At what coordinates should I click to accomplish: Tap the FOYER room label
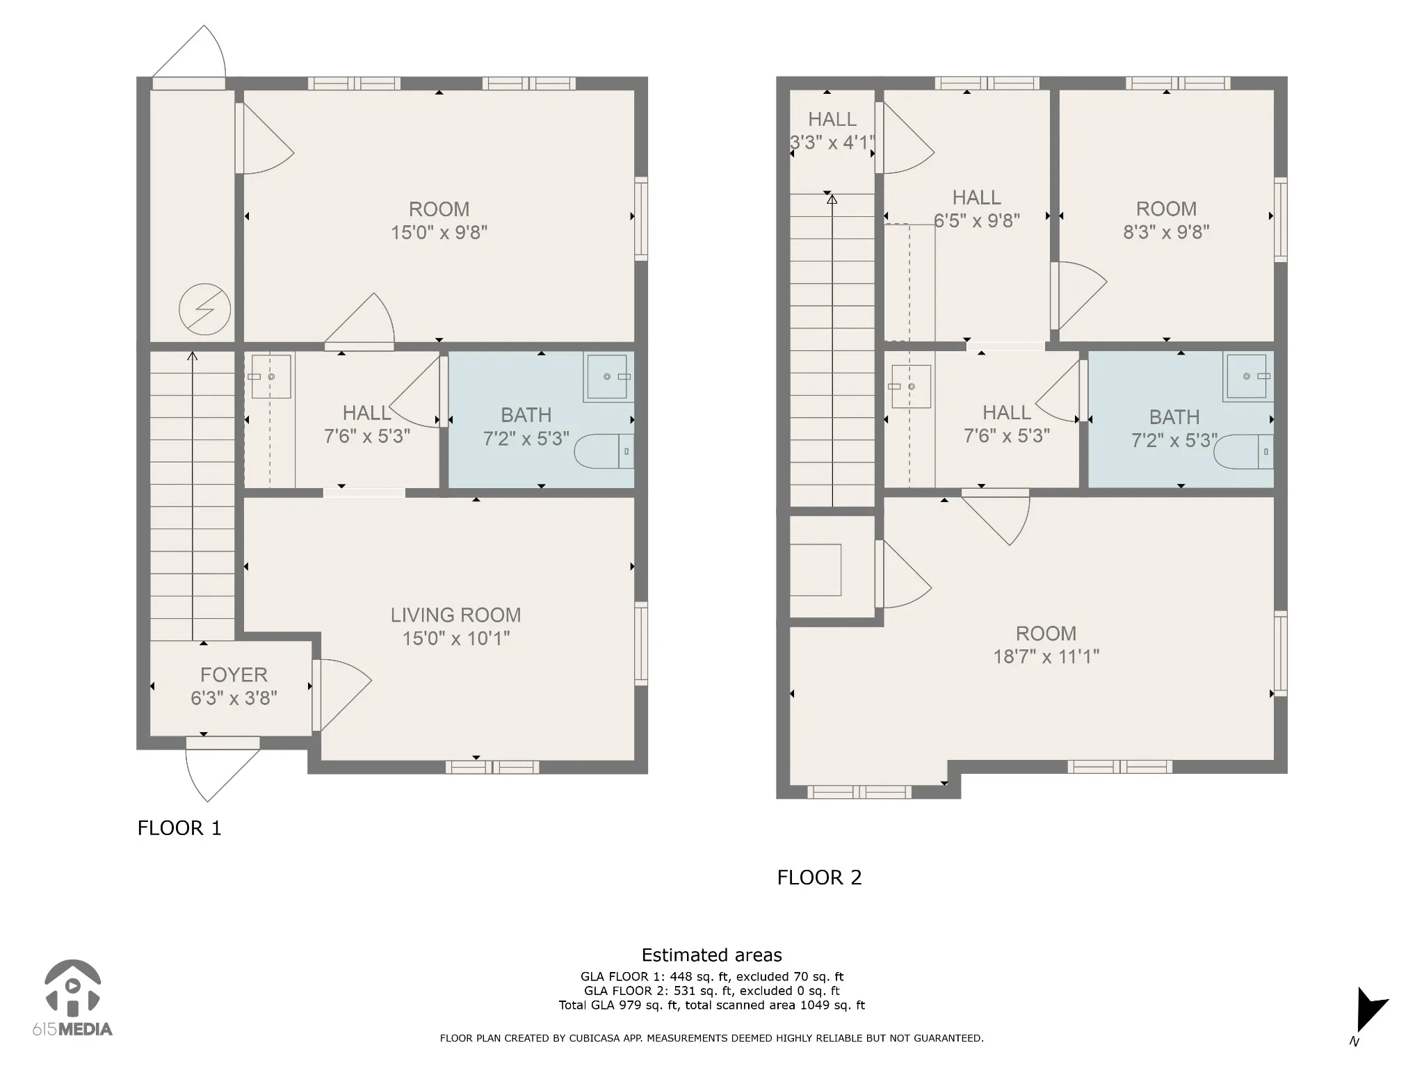[234, 674]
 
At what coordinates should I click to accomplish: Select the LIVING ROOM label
[455, 615]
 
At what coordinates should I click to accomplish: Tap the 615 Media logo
[72, 998]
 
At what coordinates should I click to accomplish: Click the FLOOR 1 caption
[179, 827]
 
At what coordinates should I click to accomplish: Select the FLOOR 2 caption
[819, 877]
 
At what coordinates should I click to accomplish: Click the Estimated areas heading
[711, 955]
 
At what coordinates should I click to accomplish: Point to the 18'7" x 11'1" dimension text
[1046, 656]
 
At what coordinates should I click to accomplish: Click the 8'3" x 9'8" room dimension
[1166, 232]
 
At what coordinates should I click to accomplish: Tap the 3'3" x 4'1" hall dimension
[832, 143]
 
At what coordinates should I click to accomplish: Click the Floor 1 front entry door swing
[222, 768]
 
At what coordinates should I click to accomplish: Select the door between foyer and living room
[341, 695]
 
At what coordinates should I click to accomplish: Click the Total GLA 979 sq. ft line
[711, 1005]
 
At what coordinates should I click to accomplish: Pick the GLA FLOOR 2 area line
[711, 991]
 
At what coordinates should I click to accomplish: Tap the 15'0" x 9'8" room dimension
[439, 232]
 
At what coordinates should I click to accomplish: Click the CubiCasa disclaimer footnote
[711, 1038]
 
